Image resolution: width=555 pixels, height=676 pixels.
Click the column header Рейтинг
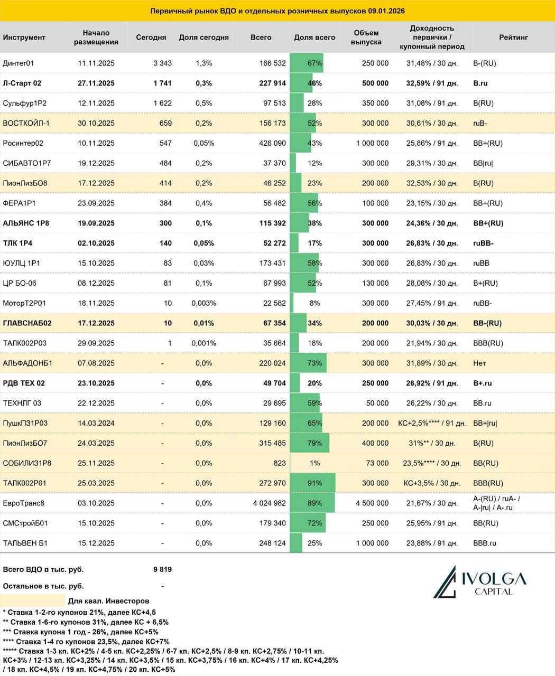point(513,37)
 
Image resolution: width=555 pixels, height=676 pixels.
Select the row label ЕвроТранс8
point(24,503)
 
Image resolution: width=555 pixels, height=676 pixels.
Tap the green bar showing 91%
point(313,483)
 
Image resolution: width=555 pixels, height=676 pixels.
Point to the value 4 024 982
point(270,503)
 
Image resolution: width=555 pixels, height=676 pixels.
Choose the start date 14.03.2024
point(96,423)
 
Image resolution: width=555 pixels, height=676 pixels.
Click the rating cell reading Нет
point(479,363)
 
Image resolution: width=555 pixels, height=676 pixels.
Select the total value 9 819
point(162,569)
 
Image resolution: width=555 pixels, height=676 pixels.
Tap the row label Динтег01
point(18,63)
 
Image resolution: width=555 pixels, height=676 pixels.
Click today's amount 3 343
point(162,63)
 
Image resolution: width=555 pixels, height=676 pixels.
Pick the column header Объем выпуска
point(367,37)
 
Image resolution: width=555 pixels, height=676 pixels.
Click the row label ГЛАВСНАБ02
point(27,323)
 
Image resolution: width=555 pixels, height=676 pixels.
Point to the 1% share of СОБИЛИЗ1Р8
point(314,463)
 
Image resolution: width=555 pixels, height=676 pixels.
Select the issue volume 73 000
point(377,463)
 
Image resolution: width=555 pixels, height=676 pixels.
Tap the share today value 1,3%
point(204,63)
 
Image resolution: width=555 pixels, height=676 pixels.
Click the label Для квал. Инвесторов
point(109,601)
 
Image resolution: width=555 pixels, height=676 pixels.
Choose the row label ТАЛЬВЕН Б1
point(25,543)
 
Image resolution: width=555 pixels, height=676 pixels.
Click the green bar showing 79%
point(310,443)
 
